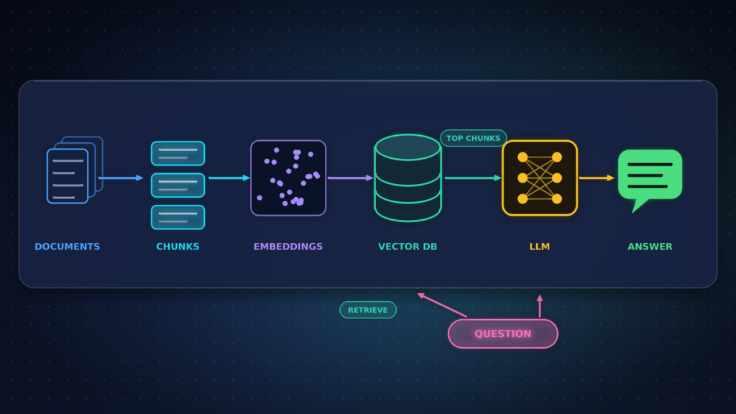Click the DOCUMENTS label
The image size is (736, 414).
(x=67, y=247)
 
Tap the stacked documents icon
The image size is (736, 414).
(x=75, y=170)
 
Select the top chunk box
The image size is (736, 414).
(x=178, y=154)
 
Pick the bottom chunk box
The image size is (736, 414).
(x=178, y=217)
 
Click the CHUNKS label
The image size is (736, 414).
(x=178, y=247)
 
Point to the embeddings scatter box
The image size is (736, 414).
(x=288, y=178)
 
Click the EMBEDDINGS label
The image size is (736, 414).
(x=288, y=247)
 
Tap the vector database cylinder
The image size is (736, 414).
(x=408, y=178)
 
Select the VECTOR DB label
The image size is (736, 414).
(x=408, y=247)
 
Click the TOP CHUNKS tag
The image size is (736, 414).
(x=473, y=138)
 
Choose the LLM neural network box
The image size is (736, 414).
(x=540, y=178)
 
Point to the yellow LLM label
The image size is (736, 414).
(x=540, y=247)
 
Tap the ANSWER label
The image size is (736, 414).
(x=650, y=247)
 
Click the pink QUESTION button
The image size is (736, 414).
(x=503, y=333)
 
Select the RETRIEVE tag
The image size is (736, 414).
(x=368, y=310)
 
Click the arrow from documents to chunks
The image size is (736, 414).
(x=121, y=178)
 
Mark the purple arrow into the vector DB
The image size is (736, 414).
(x=350, y=178)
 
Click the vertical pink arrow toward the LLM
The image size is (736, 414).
(x=540, y=306)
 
